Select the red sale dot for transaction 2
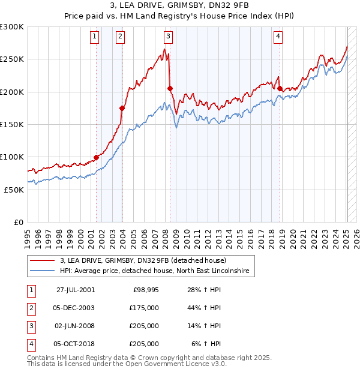click(122, 108)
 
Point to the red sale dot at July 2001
click(97, 158)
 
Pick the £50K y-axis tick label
click(14, 190)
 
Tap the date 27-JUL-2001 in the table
click(75, 290)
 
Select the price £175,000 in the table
click(144, 308)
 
